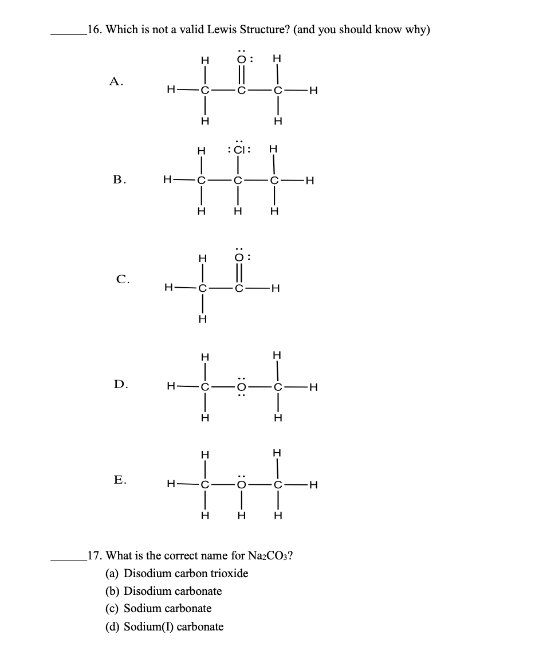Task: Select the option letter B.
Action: [x=119, y=180]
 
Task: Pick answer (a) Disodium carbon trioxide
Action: [x=178, y=573]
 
